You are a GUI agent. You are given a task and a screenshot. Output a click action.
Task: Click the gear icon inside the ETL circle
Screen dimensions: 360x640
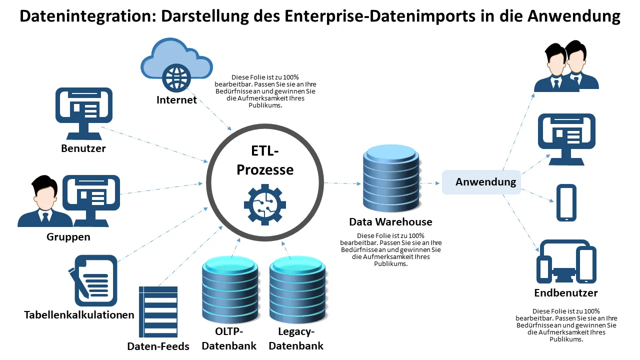[265, 204]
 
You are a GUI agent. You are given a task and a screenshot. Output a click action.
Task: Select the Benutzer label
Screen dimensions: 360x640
[83, 148]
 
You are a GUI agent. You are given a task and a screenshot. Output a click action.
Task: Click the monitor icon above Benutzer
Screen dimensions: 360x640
[83, 112]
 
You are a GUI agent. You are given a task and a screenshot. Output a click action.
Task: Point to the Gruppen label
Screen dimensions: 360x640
[68, 236]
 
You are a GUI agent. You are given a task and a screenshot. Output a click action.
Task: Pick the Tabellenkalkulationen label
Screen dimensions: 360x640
[79, 314]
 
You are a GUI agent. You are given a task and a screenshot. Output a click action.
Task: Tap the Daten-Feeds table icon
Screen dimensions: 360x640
[158, 311]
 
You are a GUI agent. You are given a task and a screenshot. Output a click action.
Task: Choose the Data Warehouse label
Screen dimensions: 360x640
[390, 221]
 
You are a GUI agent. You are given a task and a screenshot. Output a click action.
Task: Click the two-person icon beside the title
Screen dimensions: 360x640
[566, 67]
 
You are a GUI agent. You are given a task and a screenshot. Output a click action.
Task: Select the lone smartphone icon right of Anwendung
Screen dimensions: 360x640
[566, 202]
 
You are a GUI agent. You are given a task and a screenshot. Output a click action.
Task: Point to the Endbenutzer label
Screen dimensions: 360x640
[566, 292]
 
